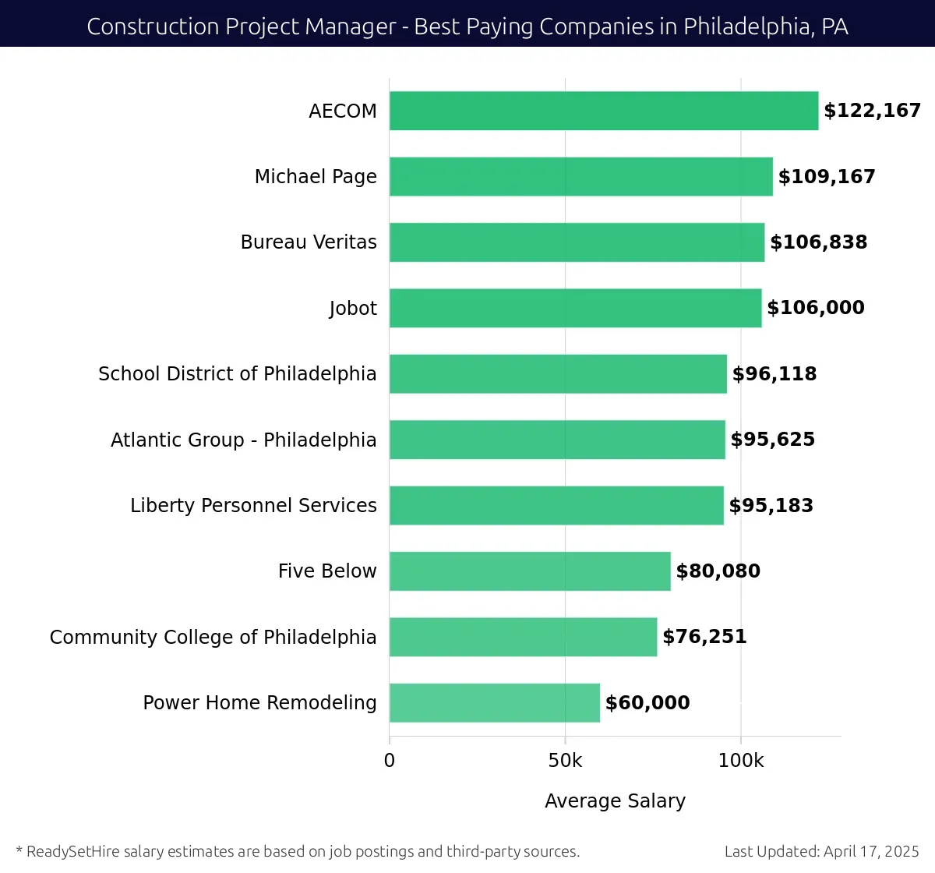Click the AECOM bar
[x=604, y=111]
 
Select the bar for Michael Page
[x=581, y=176]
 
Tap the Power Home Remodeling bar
[x=495, y=702]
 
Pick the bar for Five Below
[x=530, y=571]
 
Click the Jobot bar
[x=576, y=308]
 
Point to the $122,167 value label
[x=872, y=111]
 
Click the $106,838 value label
[x=818, y=242]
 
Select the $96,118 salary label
[x=774, y=374]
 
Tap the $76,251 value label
[x=704, y=637]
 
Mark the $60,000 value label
[x=647, y=703]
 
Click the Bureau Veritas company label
[x=309, y=242]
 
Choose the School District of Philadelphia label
[x=238, y=374]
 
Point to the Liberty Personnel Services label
[x=253, y=506]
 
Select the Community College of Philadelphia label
[x=213, y=638]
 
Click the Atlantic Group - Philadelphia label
[x=243, y=440]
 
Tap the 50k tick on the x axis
[x=565, y=761]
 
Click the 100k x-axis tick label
[x=741, y=761]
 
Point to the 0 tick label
[x=390, y=761]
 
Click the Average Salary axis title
[x=615, y=801]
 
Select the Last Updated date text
[x=821, y=851]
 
